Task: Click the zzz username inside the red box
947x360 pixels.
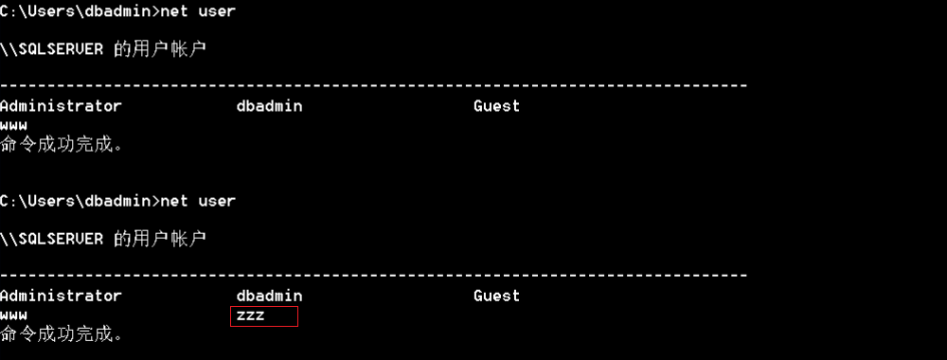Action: coord(251,315)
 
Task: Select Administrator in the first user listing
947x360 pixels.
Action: coord(61,106)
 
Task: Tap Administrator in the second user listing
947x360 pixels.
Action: coord(61,296)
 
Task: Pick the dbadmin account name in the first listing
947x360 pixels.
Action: coord(269,106)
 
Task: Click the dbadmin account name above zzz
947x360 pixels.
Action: coord(269,296)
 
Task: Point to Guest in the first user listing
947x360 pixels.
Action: coord(496,106)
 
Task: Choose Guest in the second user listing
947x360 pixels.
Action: coord(496,296)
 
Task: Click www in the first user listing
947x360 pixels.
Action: coord(14,126)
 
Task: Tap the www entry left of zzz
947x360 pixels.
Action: coord(14,315)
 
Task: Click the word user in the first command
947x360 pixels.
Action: coord(217,11)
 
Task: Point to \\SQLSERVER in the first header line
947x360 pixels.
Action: coord(52,49)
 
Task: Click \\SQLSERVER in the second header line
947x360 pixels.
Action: coord(52,239)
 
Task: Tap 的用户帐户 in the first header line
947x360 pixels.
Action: coord(160,49)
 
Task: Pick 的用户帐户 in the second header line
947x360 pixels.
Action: coord(160,239)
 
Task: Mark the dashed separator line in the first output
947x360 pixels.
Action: coord(374,86)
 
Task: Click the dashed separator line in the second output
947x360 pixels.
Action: coord(374,276)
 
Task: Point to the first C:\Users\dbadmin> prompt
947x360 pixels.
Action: coord(80,11)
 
